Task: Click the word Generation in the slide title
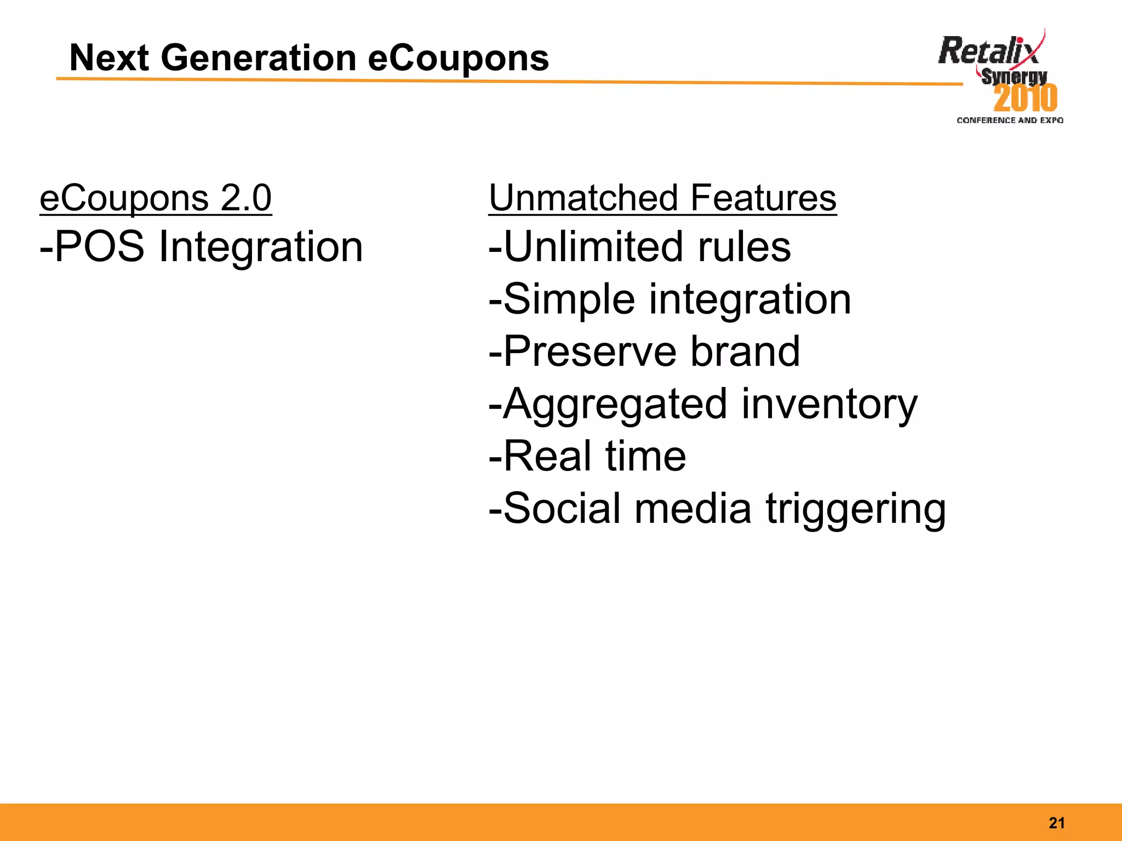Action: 258,58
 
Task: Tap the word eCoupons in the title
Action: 458,58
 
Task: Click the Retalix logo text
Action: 987,51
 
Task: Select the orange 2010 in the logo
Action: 1025,99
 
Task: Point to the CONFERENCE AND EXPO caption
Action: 1010,120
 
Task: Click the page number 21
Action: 1057,823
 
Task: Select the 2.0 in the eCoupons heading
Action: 246,198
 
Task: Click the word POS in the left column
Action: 99,246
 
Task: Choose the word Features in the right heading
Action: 763,198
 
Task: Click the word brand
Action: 745,352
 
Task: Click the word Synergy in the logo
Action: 1014,77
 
